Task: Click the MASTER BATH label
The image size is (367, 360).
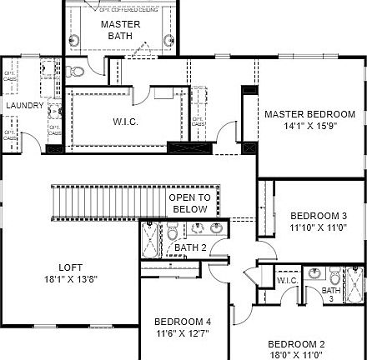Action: coord(121,30)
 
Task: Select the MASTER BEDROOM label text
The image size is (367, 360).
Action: coord(309,114)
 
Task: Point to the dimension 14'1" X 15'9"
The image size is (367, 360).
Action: coord(309,127)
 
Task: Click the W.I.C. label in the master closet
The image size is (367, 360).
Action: coord(126,122)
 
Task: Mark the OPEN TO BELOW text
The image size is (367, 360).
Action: coord(189,203)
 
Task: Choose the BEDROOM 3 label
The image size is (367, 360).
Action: coord(313,214)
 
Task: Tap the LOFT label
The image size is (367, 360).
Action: coord(71,267)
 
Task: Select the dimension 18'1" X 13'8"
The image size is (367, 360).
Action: coord(71,280)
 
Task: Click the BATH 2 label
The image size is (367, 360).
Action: coord(190,247)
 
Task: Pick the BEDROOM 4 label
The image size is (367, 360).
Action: coord(182,322)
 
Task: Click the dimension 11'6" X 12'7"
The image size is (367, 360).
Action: coord(182,334)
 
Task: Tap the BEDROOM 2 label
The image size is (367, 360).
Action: coord(295,343)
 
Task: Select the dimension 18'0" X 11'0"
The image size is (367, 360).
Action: coord(295,354)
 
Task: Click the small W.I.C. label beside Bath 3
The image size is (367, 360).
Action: coord(288,281)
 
